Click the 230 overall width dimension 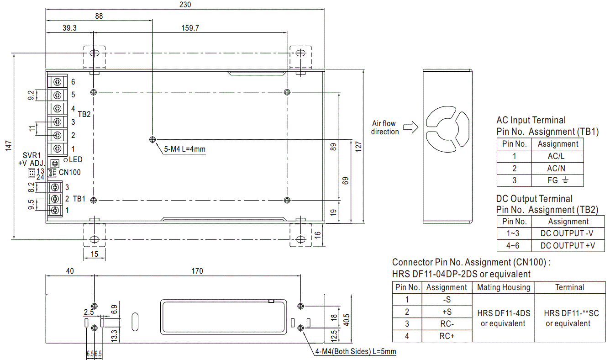click(185, 5)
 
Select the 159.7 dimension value click(190, 28)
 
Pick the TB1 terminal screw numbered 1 click(56, 210)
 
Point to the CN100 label click(70, 173)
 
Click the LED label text click(75, 159)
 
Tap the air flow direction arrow click(411, 127)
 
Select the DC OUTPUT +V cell click(568, 245)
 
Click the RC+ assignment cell click(447, 336)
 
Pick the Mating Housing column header click(503, 287)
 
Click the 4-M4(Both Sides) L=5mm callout click(355, 351)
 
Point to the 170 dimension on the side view click(197, 271)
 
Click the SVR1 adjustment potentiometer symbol click(55, 163)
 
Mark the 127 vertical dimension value click(359, 147)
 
